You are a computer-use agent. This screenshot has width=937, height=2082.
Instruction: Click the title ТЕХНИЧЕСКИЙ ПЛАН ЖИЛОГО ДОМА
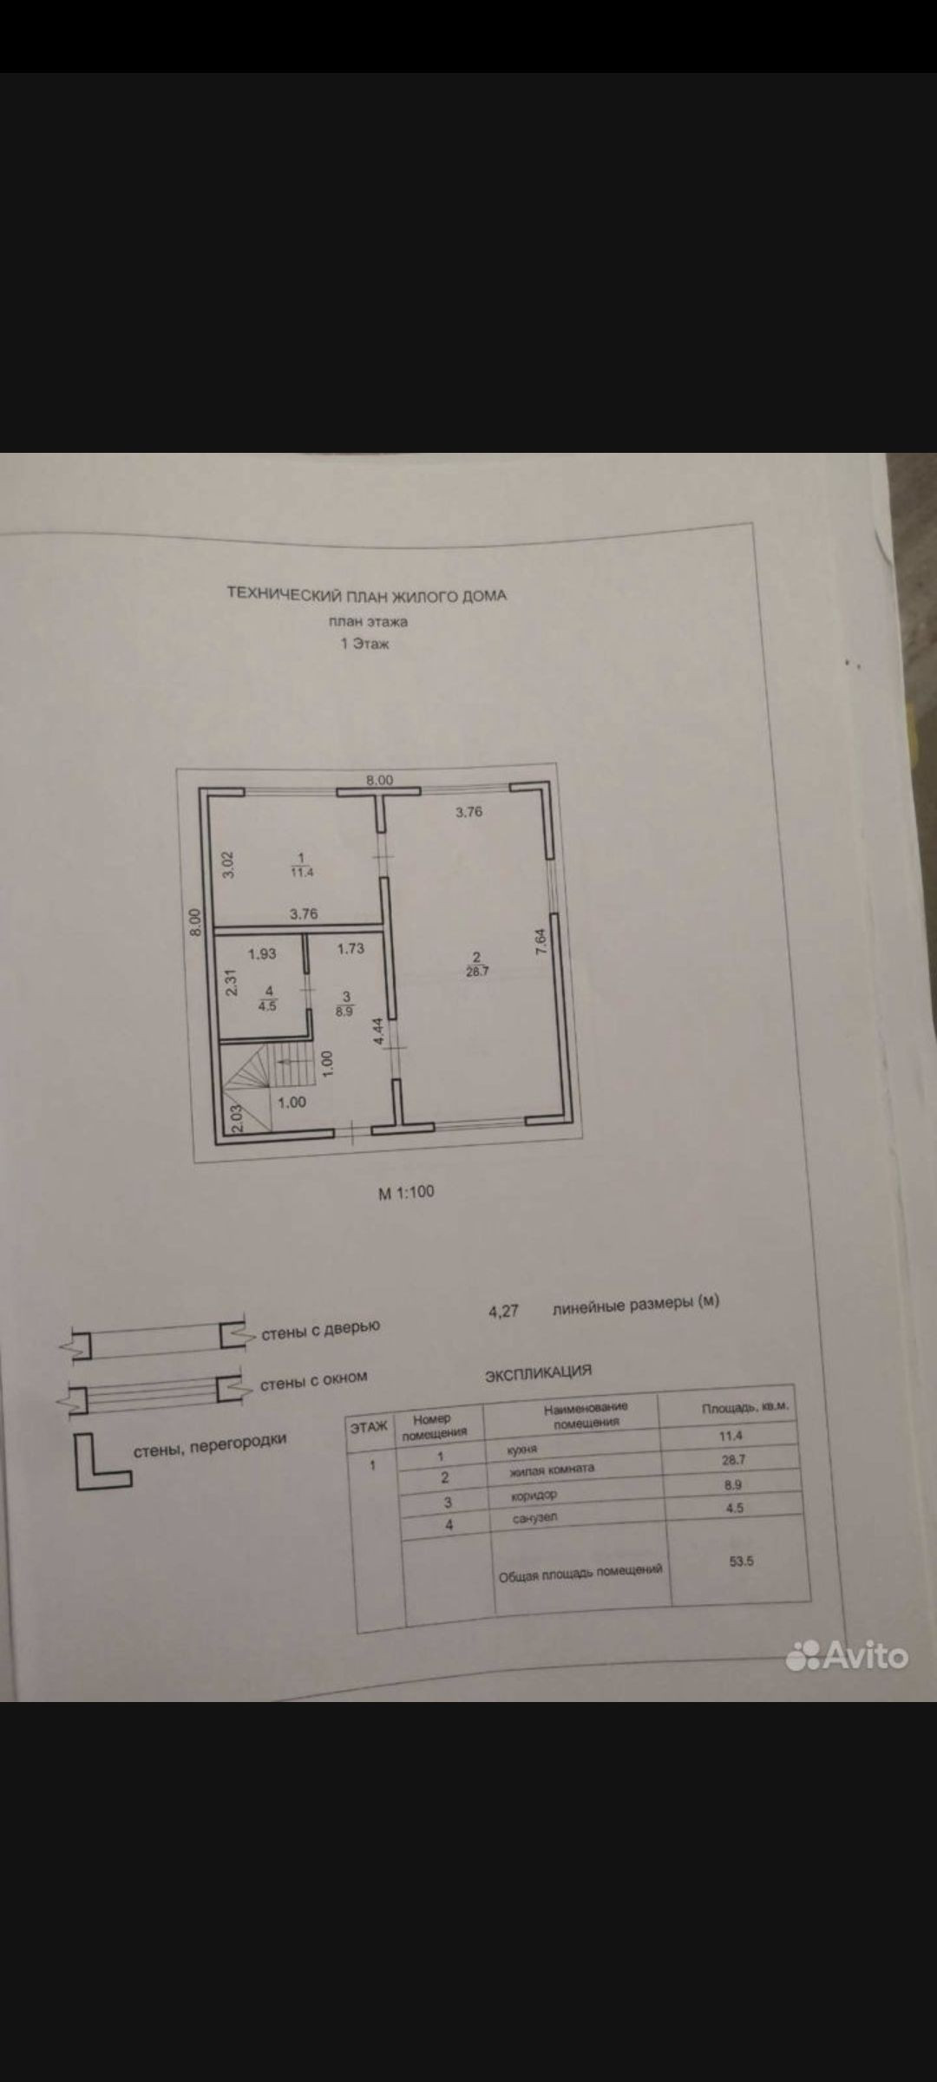(366, 594)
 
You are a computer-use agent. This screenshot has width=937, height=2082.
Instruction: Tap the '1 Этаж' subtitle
(365, 644)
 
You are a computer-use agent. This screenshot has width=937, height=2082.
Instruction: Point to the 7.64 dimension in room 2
(540, 944)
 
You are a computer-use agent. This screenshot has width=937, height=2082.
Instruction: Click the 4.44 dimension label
(378, 1031)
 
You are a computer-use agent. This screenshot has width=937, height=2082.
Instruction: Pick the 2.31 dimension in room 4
(230, 982)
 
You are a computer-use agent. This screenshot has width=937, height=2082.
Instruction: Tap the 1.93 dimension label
(262, 953)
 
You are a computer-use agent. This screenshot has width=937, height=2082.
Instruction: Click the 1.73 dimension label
(351, 948)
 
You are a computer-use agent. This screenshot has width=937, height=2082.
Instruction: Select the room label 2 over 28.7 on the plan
(476, 964)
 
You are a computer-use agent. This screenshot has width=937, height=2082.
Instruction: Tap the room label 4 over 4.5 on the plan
(267, 998)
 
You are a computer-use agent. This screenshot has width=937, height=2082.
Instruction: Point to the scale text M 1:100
(406, 1192)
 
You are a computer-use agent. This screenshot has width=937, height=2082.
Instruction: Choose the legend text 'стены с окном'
(313, 1380)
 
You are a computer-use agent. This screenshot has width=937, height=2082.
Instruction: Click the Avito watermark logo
(847, 1655)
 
